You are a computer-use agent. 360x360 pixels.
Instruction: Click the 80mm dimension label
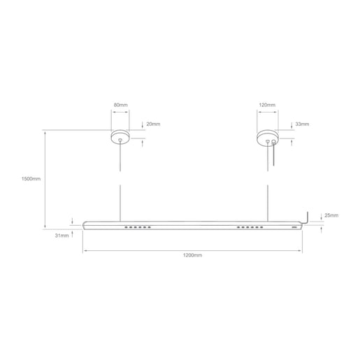pos(120,105)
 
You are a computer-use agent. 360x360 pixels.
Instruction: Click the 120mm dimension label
pos(266,105)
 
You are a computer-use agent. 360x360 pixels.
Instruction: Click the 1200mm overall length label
pos(192,256)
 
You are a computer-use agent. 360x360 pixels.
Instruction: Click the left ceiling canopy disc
pos(120,136)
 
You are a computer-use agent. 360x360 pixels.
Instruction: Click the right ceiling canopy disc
pos(266,136)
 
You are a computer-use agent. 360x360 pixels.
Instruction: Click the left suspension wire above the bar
pos(120,203)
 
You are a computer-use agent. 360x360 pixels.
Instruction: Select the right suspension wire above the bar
pos(266,203)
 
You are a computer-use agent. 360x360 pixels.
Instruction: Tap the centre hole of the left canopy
pos(120,141)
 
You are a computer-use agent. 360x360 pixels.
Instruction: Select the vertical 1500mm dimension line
pos(45,179)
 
